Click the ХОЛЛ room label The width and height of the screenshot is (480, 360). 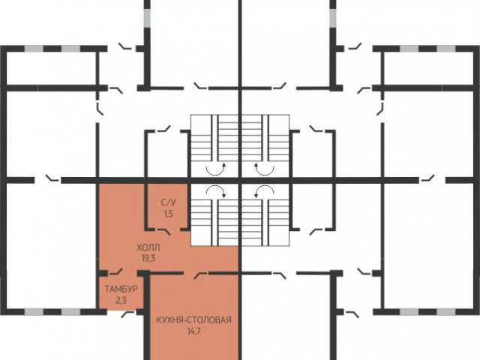(148, 247)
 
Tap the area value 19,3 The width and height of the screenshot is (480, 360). (148, 258)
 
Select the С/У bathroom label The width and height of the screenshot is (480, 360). (168, 202)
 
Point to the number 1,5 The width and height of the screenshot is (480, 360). (169, 214)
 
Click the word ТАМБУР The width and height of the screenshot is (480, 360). (121, 289)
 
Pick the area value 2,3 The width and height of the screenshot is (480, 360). (121, 300)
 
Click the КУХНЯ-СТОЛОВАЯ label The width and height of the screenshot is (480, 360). (193, 320)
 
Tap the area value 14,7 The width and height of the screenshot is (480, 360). (193, 331)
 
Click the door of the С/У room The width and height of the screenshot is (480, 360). (163, 231)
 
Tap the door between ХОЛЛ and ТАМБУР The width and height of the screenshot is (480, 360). (116, 271)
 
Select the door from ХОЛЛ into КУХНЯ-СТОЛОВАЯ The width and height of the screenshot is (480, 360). (201, 274)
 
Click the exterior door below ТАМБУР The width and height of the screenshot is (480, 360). (128, 314)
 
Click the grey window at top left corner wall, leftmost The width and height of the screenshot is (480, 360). (34, 49)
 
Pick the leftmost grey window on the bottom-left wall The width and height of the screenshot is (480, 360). (34, 312)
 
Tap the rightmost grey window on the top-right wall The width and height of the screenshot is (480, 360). (446, 49)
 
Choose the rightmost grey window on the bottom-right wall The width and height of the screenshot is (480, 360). (446, 312)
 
